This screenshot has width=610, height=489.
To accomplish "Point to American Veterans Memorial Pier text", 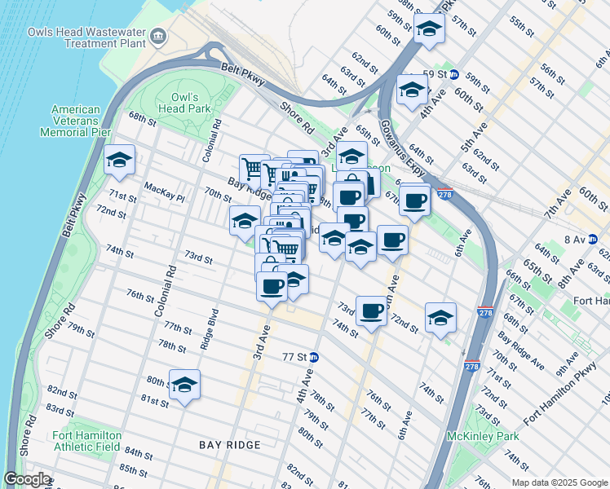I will click(76, 120).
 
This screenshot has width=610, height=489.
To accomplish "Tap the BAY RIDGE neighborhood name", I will click(230, 445).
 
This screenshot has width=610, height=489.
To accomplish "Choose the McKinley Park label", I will click(483, 436).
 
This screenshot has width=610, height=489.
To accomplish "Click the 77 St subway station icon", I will click(313, 357).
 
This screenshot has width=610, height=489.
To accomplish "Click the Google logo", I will click(27, 479).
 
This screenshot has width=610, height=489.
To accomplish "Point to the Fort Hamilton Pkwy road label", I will click(560, 398).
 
